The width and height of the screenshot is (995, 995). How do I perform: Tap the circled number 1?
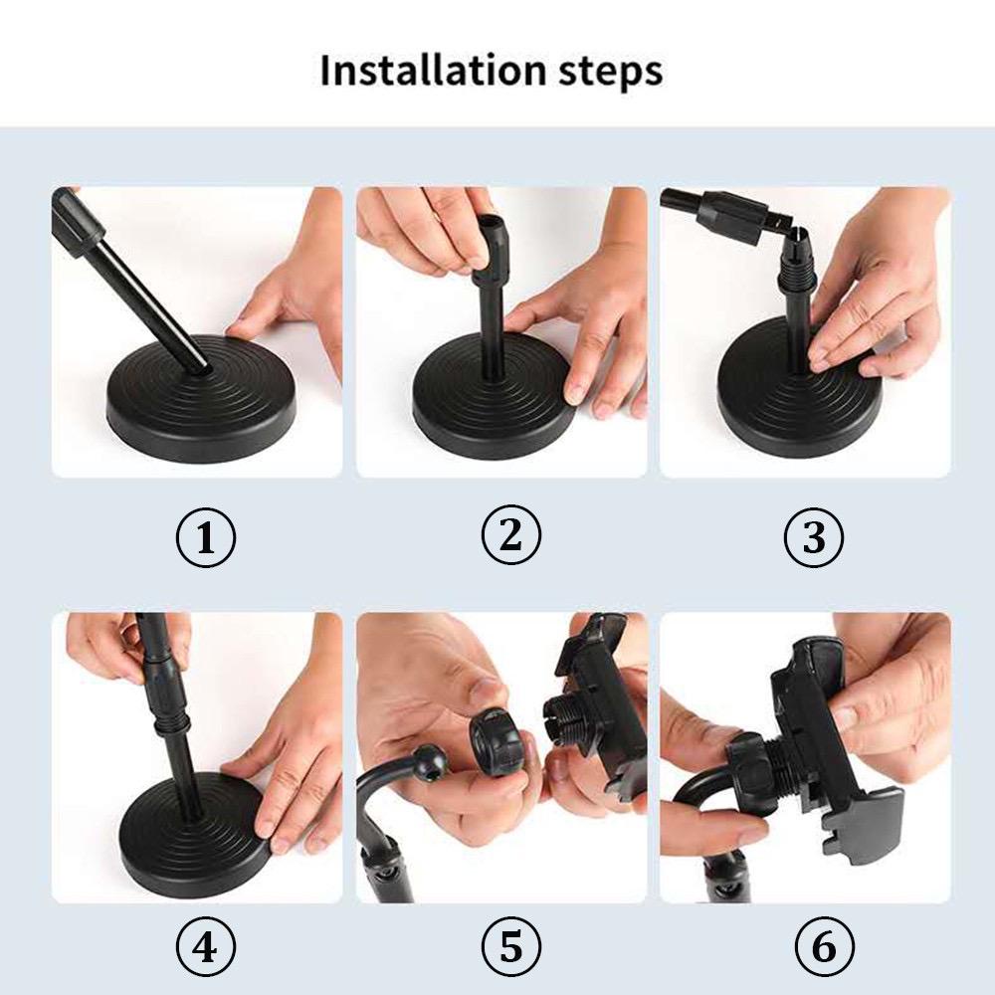205,538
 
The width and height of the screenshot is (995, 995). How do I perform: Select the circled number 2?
510,536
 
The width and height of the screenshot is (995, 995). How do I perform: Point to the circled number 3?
814,538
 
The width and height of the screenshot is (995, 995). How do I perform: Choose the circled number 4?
205,947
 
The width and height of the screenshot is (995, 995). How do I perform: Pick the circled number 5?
510,947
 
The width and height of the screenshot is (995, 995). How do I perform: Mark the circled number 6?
824,947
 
